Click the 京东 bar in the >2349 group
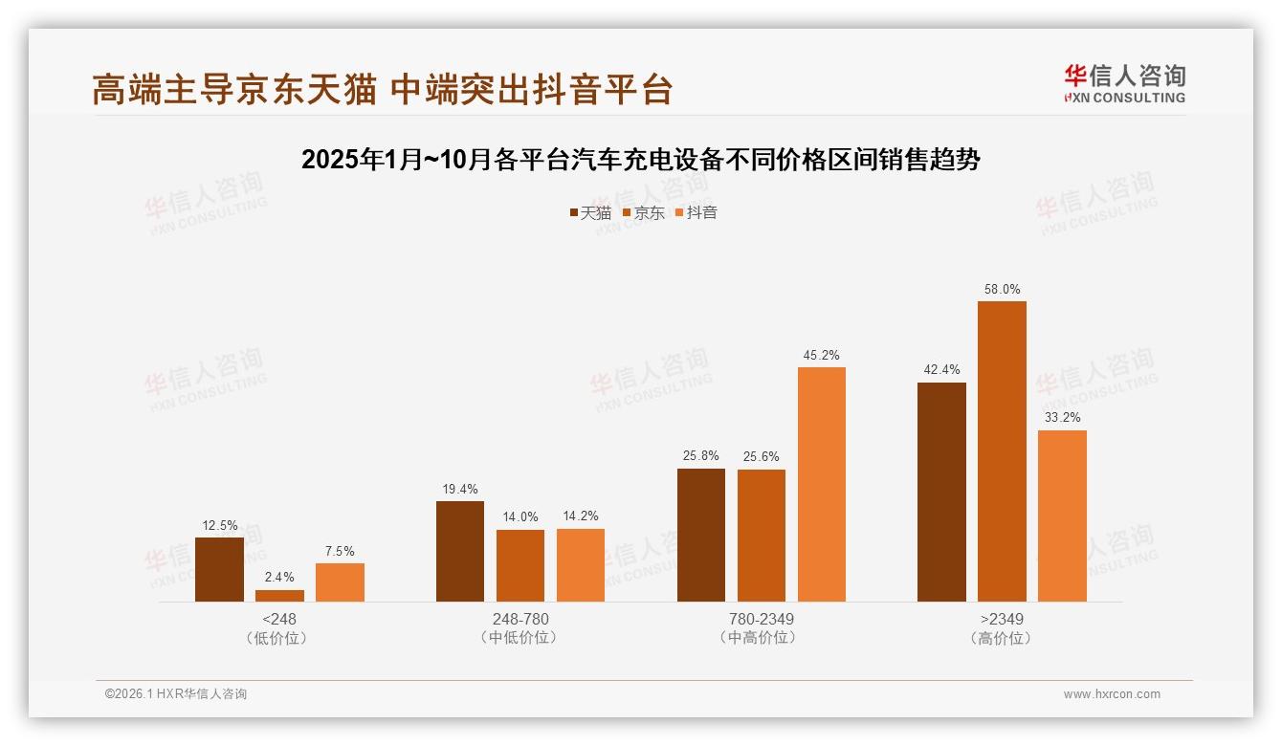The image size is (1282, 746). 1002,451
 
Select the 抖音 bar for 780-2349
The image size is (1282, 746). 821,484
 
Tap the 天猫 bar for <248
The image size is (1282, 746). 219,569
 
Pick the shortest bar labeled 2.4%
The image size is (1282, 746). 279,596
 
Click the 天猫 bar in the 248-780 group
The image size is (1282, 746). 460,551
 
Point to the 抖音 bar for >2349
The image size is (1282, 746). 1062,516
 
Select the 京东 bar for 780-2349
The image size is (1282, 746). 761,536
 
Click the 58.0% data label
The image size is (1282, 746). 1002,289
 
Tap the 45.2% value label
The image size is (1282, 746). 821,355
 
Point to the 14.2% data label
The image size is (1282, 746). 581,516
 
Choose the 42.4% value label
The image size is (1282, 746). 941,370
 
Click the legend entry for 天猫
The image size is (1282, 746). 590,212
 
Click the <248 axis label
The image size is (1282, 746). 278,619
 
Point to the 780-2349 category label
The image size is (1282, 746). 761,619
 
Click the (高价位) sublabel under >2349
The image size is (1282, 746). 1002,638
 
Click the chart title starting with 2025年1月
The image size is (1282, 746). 641,160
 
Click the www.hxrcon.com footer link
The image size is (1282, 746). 1112,694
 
